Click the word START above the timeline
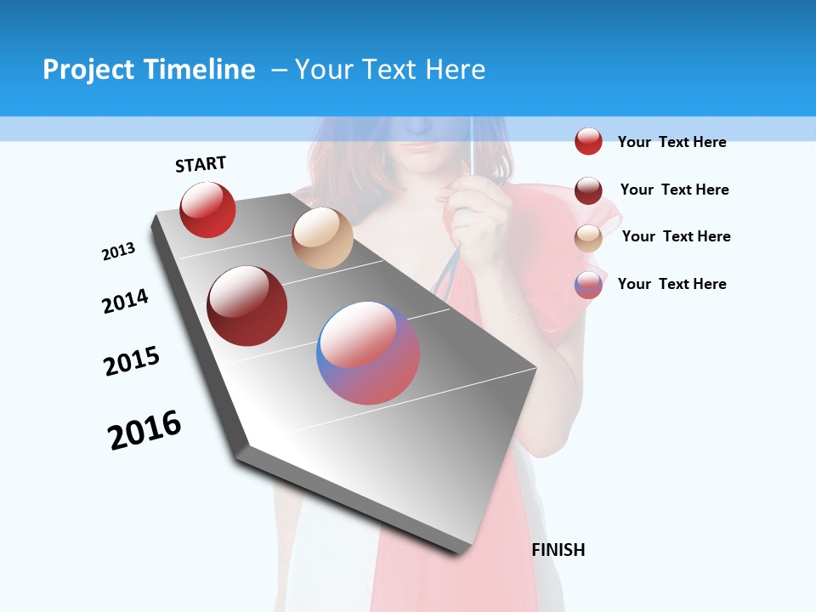point(201,164)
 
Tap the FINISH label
point(558,550)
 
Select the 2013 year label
point(119,252)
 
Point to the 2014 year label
point(126,301)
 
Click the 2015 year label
point(132,361)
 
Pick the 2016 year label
point(144,430)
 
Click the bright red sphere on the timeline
point(207,209)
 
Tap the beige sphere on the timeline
point(322,238)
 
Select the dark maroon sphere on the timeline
point(247,306)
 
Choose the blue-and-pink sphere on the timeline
point(368,352)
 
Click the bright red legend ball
point(588,141)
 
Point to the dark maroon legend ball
point(588,190)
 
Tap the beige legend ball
point(588,237)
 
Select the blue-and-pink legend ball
point(588,284)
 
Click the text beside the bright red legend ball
point(671,142)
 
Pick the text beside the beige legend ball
point(676,236)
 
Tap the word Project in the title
point(88,70)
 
